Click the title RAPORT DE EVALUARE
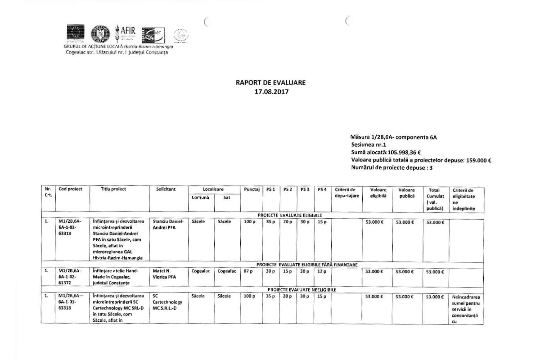270,83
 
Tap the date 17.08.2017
270,91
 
